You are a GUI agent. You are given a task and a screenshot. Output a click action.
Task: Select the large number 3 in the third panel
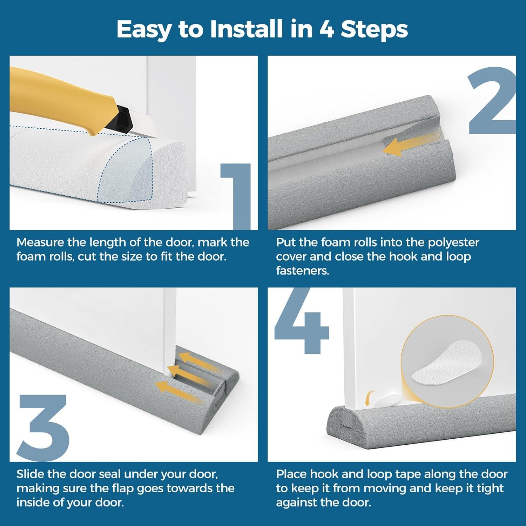43,428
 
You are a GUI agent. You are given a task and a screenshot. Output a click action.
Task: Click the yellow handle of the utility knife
53,105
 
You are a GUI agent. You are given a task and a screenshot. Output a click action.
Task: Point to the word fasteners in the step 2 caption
302,271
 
